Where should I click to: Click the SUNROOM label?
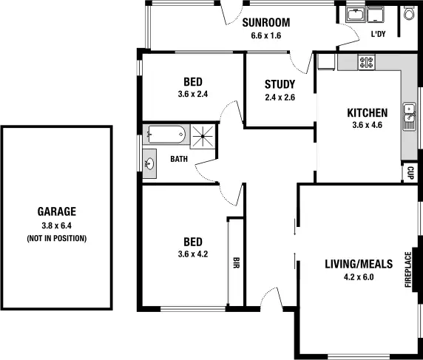click(266, 23)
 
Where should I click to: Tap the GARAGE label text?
click(57, 211)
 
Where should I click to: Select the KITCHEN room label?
click(368, 113)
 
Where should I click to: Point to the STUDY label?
click(280, 84)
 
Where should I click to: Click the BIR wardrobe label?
click(236, 262)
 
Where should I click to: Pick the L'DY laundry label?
click(378, 35)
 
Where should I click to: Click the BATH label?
click(179, 159)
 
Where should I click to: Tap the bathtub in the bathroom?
click(166, 135)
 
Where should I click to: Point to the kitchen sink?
click(408, 115)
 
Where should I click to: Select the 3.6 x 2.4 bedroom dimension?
click(193, 95)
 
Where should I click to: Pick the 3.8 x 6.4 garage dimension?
click(57, 225)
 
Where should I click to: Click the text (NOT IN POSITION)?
click(57, 238)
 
